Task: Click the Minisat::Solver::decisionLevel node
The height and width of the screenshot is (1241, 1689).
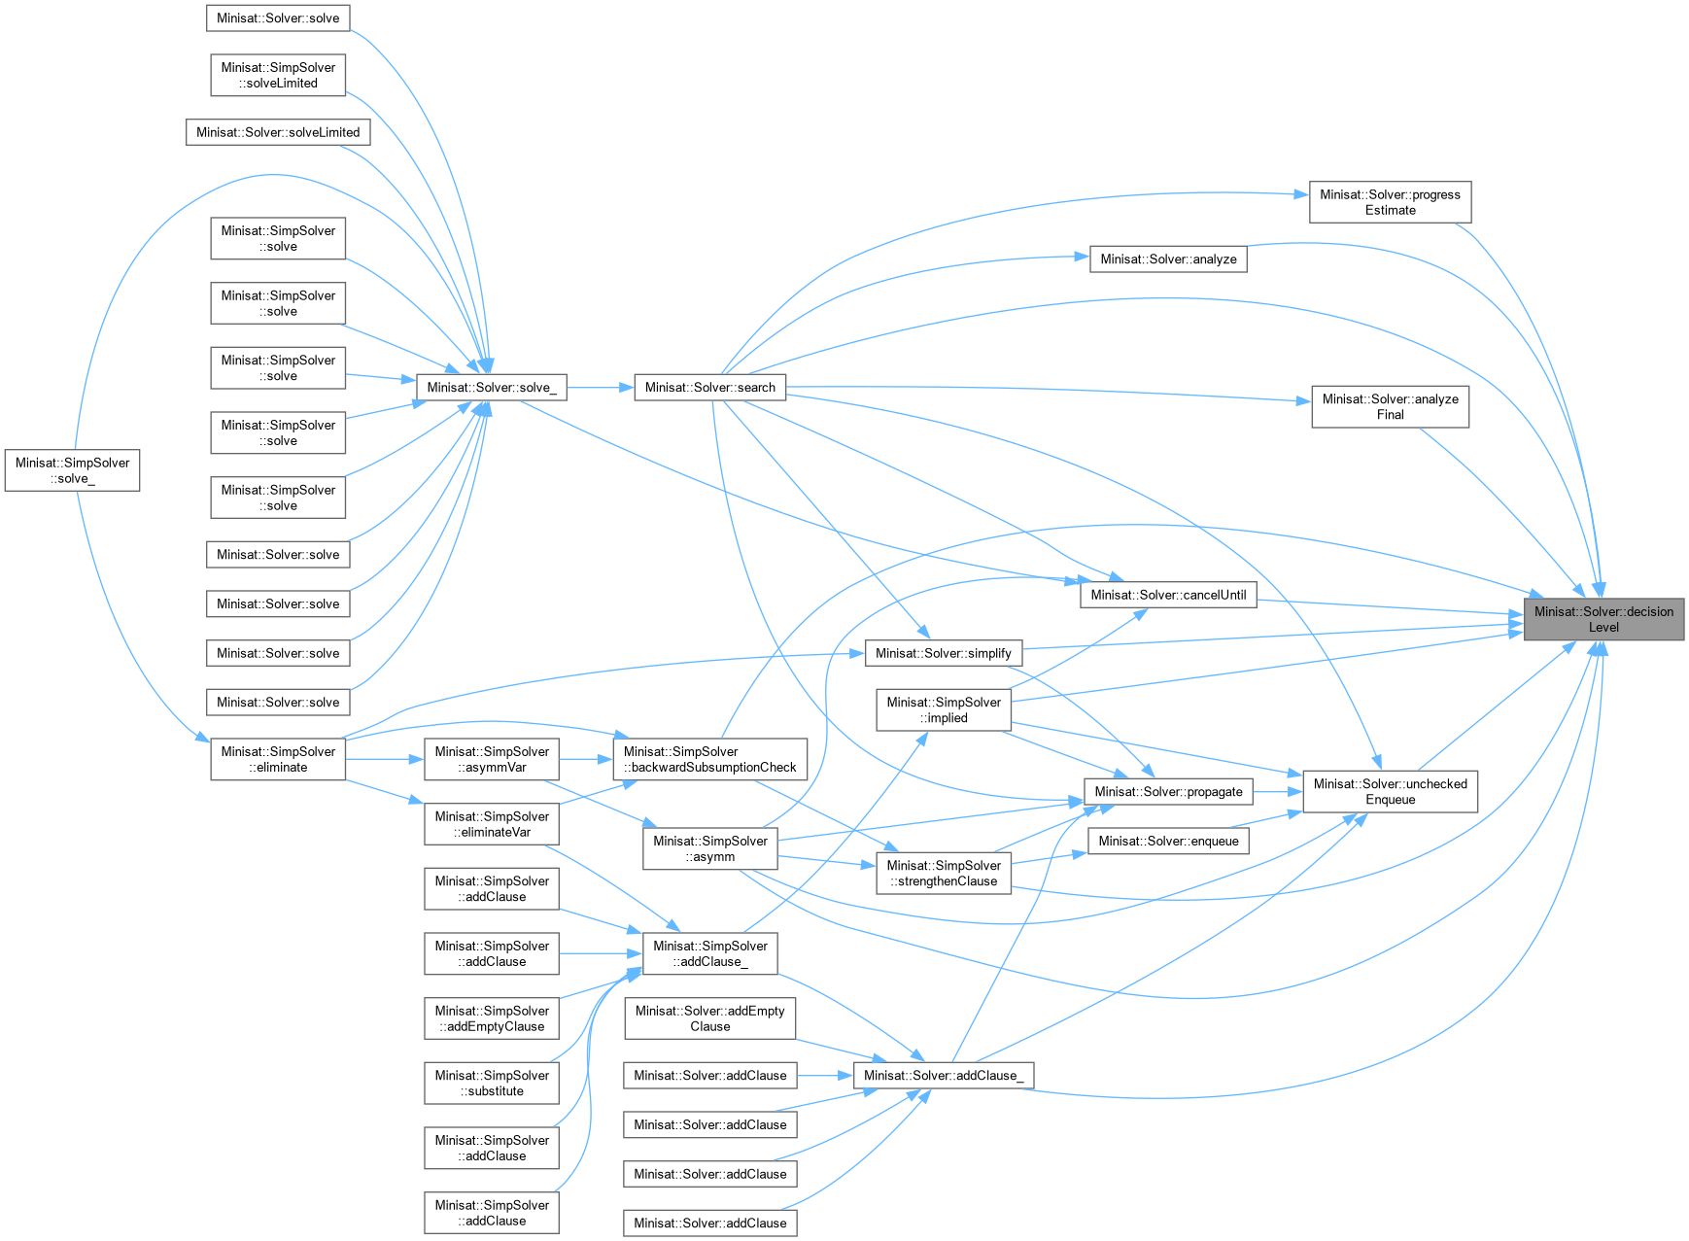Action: click(1603, 619)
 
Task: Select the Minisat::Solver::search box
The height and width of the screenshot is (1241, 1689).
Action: click(709, 387)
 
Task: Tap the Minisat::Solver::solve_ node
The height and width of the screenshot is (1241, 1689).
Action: click(492, 387)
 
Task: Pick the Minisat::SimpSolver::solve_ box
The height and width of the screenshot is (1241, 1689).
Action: click(72, 470)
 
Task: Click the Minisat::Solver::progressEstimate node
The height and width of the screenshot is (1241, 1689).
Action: click(1390, 202)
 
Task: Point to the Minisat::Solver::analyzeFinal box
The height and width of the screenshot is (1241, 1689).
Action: click(1390, 406)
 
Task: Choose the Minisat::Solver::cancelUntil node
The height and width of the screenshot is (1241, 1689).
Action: click(1167, 595)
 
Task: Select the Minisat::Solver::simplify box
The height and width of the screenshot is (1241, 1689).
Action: click(943, 653)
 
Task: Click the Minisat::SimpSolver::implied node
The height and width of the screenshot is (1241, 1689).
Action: click(943, 710)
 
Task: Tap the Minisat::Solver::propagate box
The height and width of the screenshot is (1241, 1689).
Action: click(1168, 791)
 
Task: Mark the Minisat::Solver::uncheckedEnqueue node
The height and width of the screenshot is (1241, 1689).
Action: click(1390, 792)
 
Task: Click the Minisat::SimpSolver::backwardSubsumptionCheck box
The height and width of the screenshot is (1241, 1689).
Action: click(709, 759)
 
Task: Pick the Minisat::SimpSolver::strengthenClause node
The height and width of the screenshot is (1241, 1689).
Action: click(943, 873)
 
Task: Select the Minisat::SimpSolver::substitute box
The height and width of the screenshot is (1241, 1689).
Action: click(492, 1083)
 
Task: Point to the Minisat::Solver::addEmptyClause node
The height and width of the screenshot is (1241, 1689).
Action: click(709, 1018)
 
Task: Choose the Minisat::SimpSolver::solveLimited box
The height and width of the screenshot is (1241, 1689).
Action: click(278, 75)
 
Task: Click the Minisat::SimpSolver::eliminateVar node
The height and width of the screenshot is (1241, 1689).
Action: click(492, 824)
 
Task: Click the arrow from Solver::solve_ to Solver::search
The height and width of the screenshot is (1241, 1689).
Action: click(600, 387)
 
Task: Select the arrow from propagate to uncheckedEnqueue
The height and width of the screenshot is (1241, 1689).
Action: click(1277, 791)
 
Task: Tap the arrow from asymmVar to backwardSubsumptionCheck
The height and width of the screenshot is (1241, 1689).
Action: click(586, 759)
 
